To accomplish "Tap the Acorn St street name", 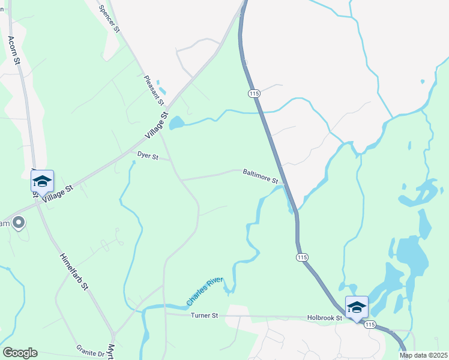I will coord(14,50).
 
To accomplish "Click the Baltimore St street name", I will coord(261,176).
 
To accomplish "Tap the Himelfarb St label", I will coord(74,271).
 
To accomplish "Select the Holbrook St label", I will coord(324,318).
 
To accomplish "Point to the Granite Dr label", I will coord(91,350).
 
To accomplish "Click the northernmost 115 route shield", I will coord(253,94).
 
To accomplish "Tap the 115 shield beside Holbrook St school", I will coord(369,325).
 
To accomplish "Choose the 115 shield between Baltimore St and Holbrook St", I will coord(301,257).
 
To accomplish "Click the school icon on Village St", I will coord(42,181).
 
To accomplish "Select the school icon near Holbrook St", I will coord(357,307).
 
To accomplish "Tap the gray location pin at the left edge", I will coord(19,223).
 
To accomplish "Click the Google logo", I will coord(20,353).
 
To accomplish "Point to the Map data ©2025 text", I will coord(423,355).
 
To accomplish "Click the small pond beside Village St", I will coord(176,124).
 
